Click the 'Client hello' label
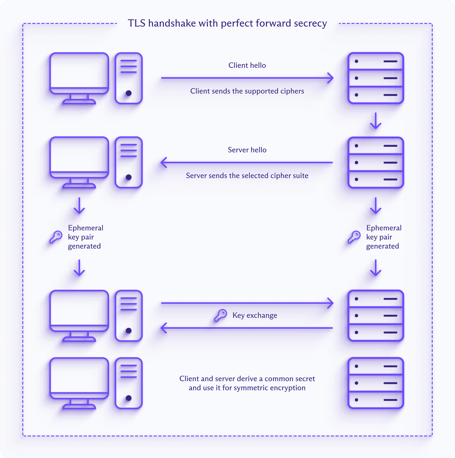(x=247, y=65)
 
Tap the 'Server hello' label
(x=247, y=150)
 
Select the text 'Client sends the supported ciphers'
(x=247, y=91)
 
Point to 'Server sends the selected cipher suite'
(x=247, y=176)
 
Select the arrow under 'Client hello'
(x=247, y=78)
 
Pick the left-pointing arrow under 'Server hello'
(x=247, y=162)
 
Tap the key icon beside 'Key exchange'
(x=221, y=315)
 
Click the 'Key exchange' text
(x=255, y=315)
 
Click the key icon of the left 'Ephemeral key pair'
(x=56, y=237)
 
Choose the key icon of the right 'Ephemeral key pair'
(x=354, y=237)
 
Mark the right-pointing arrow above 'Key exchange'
(x=247, y=303)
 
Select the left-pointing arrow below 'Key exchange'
(x=247, y=328)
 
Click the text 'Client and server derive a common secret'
(x=247, y=379)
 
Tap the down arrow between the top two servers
(x=376, y=121)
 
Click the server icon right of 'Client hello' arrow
(x=376, y=78)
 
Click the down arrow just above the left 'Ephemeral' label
(x=79, y=206)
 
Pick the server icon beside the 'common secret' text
(x=376, y=383)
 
